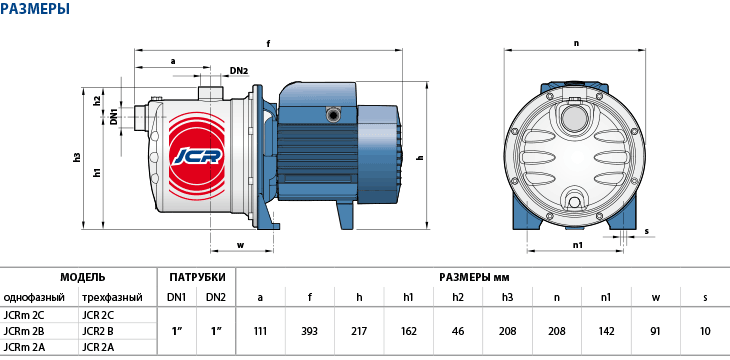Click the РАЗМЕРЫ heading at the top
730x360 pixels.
click(x=35, y=8)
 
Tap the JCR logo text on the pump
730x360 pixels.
click(x=196, y=157)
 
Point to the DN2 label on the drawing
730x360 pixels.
click(x=239, y=71)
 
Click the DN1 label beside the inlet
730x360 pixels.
click(x=113, y=116)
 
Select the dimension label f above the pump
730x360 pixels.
click(x=269, y=44)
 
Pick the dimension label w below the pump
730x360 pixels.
click(x=241, y=245)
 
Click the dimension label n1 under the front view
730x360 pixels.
click(x=578, y=244)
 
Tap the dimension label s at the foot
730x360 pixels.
click(x=647, y=231)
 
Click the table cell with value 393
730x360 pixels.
click(x=310, y=331)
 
